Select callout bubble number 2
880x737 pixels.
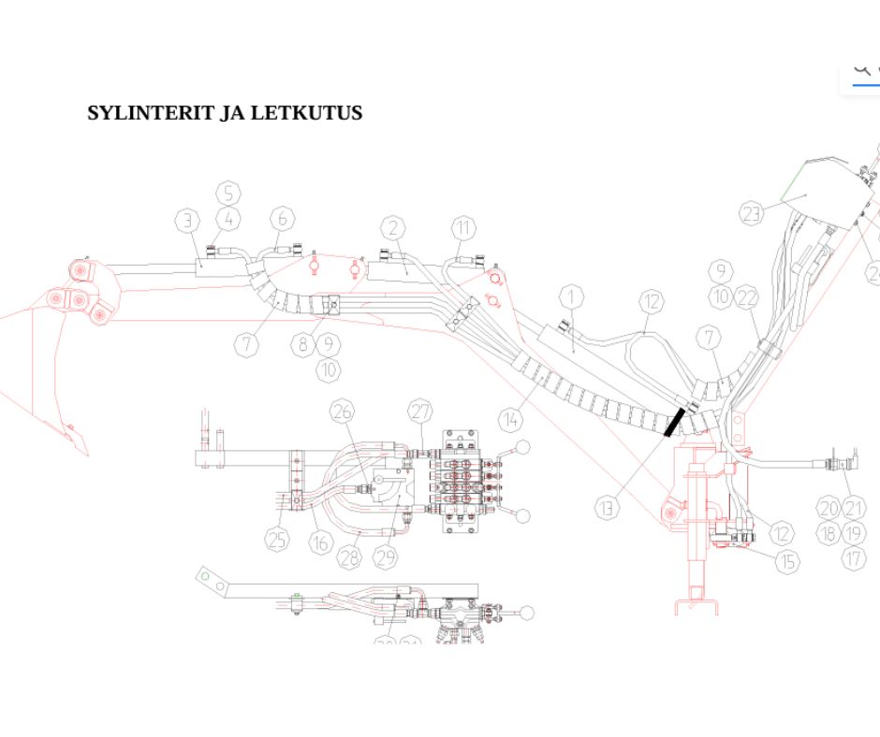pos(394,227)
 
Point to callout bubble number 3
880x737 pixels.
pos(188,221)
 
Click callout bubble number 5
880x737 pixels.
pos(228,194)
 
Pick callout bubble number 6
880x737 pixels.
pos(283,219)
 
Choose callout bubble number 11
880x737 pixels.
pos(464,227)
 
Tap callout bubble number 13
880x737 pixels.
pos(608,508)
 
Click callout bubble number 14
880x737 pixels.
pos(510,420)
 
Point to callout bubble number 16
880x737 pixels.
pos(322,542)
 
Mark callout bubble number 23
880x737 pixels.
pos(752,214)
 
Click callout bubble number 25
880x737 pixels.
pos(277,539)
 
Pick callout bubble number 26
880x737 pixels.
pos(343,412)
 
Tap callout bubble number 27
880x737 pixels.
pos(420,412)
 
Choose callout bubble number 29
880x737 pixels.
pos(386,558)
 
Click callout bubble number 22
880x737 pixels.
pos(746,298)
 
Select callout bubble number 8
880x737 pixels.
pos(303,344)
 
